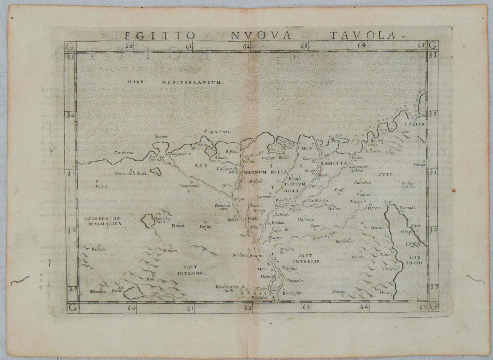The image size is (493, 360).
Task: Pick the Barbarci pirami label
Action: click(x=247, y=255)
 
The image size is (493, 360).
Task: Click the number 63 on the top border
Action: click(x=304, y=46)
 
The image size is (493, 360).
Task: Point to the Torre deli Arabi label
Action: click(x=132, y=174)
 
